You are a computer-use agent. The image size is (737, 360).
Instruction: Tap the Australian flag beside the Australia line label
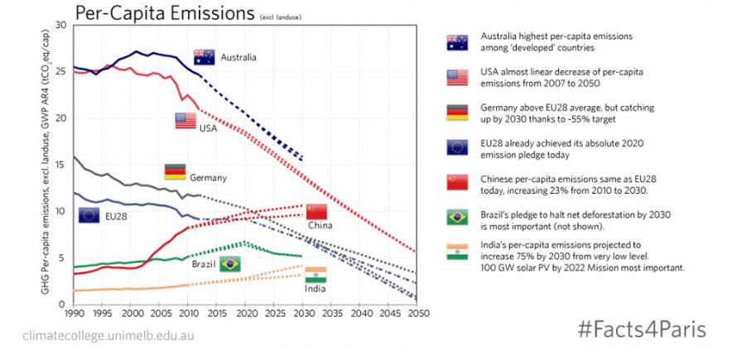pos(205,57)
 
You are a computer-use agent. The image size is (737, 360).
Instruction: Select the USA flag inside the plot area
pos(185,121)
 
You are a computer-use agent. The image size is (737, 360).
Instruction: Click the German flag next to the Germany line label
pos(176,172)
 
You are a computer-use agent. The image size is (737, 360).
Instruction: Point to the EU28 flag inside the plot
pos(89,215)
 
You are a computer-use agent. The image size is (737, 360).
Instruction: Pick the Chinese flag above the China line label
pos(316,211)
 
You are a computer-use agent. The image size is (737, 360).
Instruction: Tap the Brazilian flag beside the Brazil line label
pos(230,264)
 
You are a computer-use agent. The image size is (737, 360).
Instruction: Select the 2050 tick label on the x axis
pos(416,314)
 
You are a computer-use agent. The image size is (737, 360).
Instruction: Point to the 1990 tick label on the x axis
pos(74,314)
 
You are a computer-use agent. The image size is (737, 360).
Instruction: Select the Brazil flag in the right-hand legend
pos(457,218)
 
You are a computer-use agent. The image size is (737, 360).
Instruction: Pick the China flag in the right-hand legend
pos(457,183)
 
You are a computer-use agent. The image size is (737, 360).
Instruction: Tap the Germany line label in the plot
pos(208,178)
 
